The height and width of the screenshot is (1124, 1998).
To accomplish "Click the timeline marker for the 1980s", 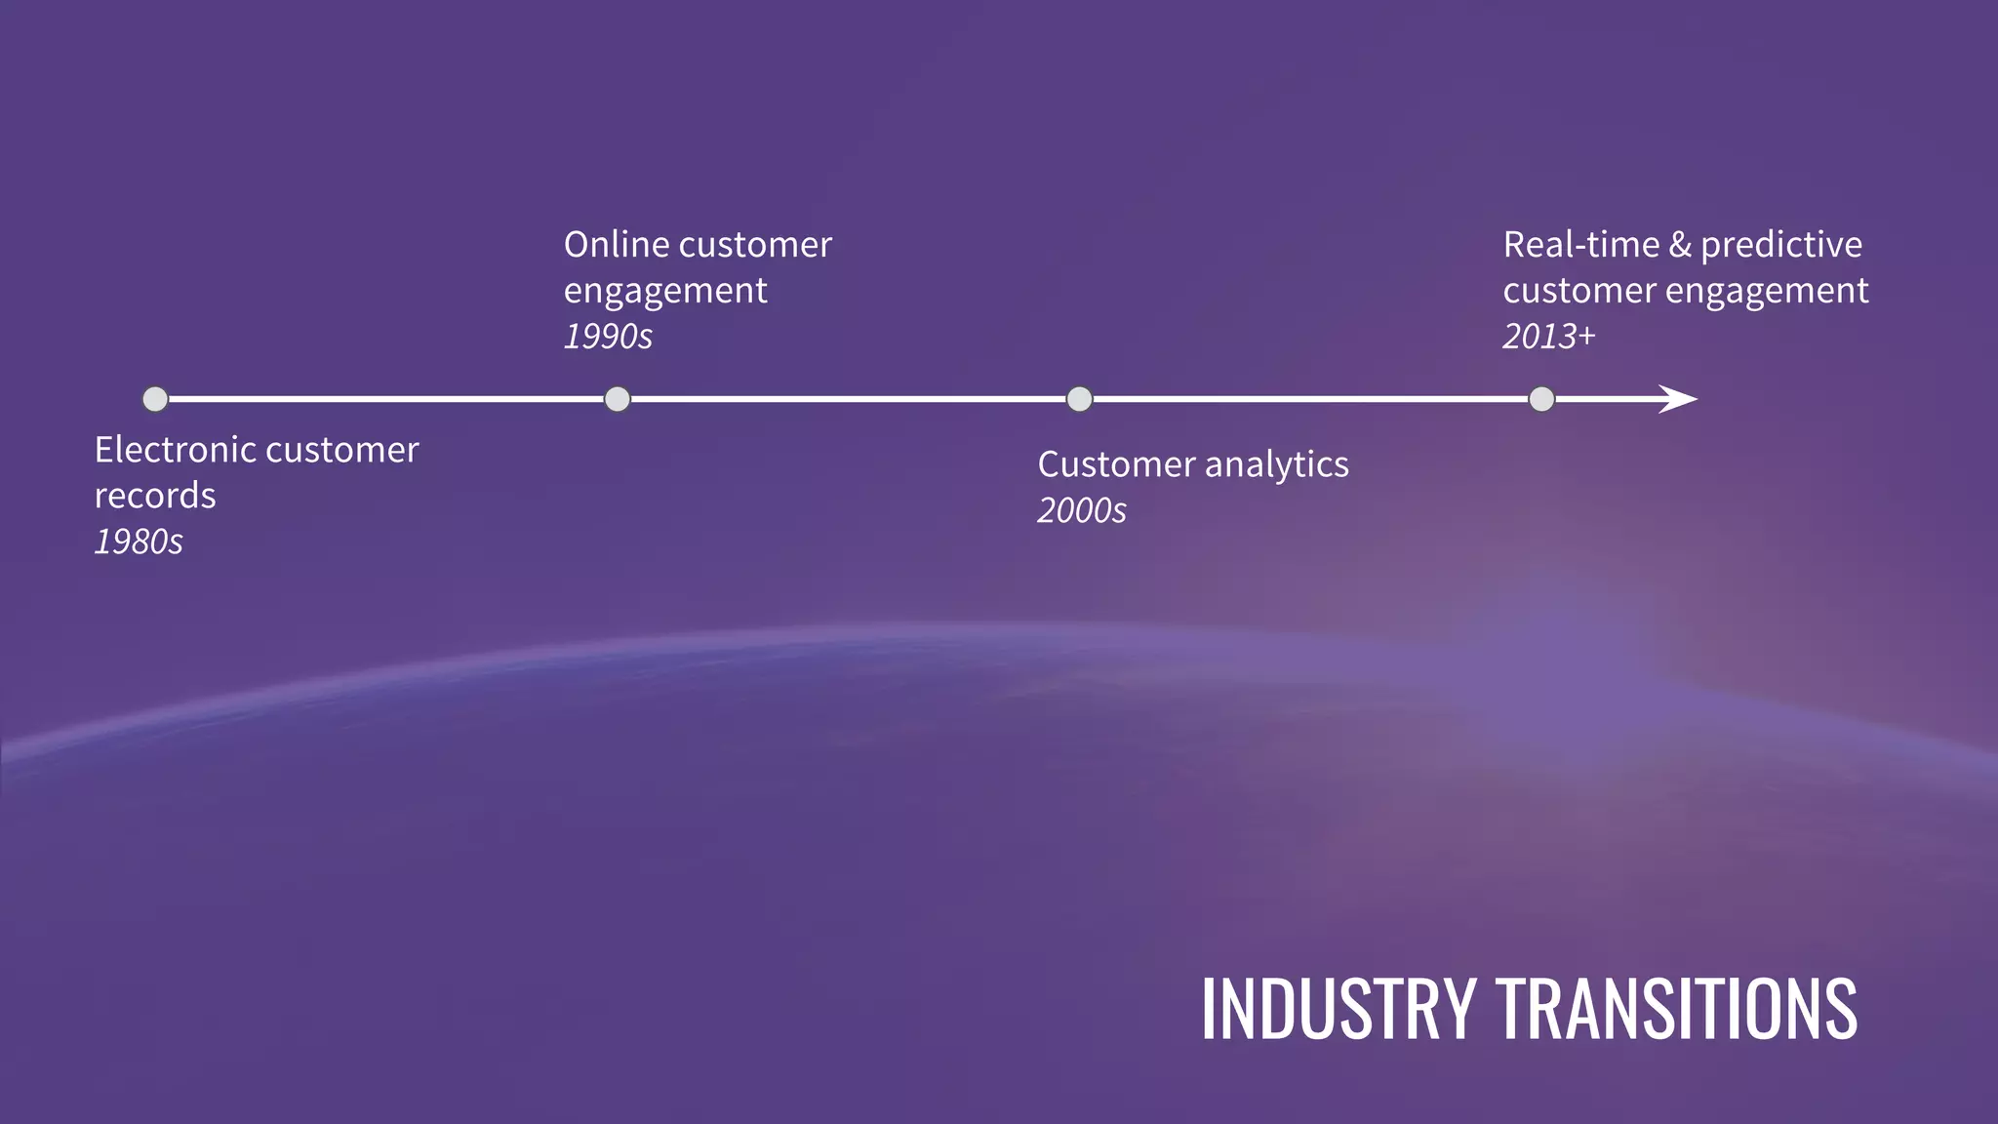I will click(x=155, y=399).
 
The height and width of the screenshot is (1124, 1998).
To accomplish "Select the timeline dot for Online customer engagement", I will click(x=618, y=399).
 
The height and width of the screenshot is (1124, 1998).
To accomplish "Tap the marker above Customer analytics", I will click(x=1079, y=399).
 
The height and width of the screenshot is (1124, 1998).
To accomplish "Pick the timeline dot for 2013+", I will click(x=1541, y=399).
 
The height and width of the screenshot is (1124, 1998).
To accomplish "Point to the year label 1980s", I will click(x=139, y=542).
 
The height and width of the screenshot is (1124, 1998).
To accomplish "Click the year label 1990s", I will click(x=608, y=337).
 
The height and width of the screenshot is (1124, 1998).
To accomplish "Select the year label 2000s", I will click(x=1081, y=510).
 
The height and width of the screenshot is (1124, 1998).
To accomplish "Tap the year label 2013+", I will click(x=1548, y=337).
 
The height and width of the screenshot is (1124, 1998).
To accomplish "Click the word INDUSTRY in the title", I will click(x=1338, y=1009).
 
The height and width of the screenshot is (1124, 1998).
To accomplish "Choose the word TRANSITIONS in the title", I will click(x=1677, y=1009).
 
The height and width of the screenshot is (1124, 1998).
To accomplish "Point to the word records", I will click(x=155, y=496).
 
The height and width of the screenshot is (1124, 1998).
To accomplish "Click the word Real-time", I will click(x=1580, y=245).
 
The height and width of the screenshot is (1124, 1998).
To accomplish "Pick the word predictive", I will click(x=1781, y=245).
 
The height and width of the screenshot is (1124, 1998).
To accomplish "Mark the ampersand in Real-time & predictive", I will click(x=1680, y=245).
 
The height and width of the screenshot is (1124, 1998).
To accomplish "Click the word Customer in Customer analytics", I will click(x=1115, y=464).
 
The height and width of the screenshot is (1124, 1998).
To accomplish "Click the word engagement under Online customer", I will click(x=665, y=291).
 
